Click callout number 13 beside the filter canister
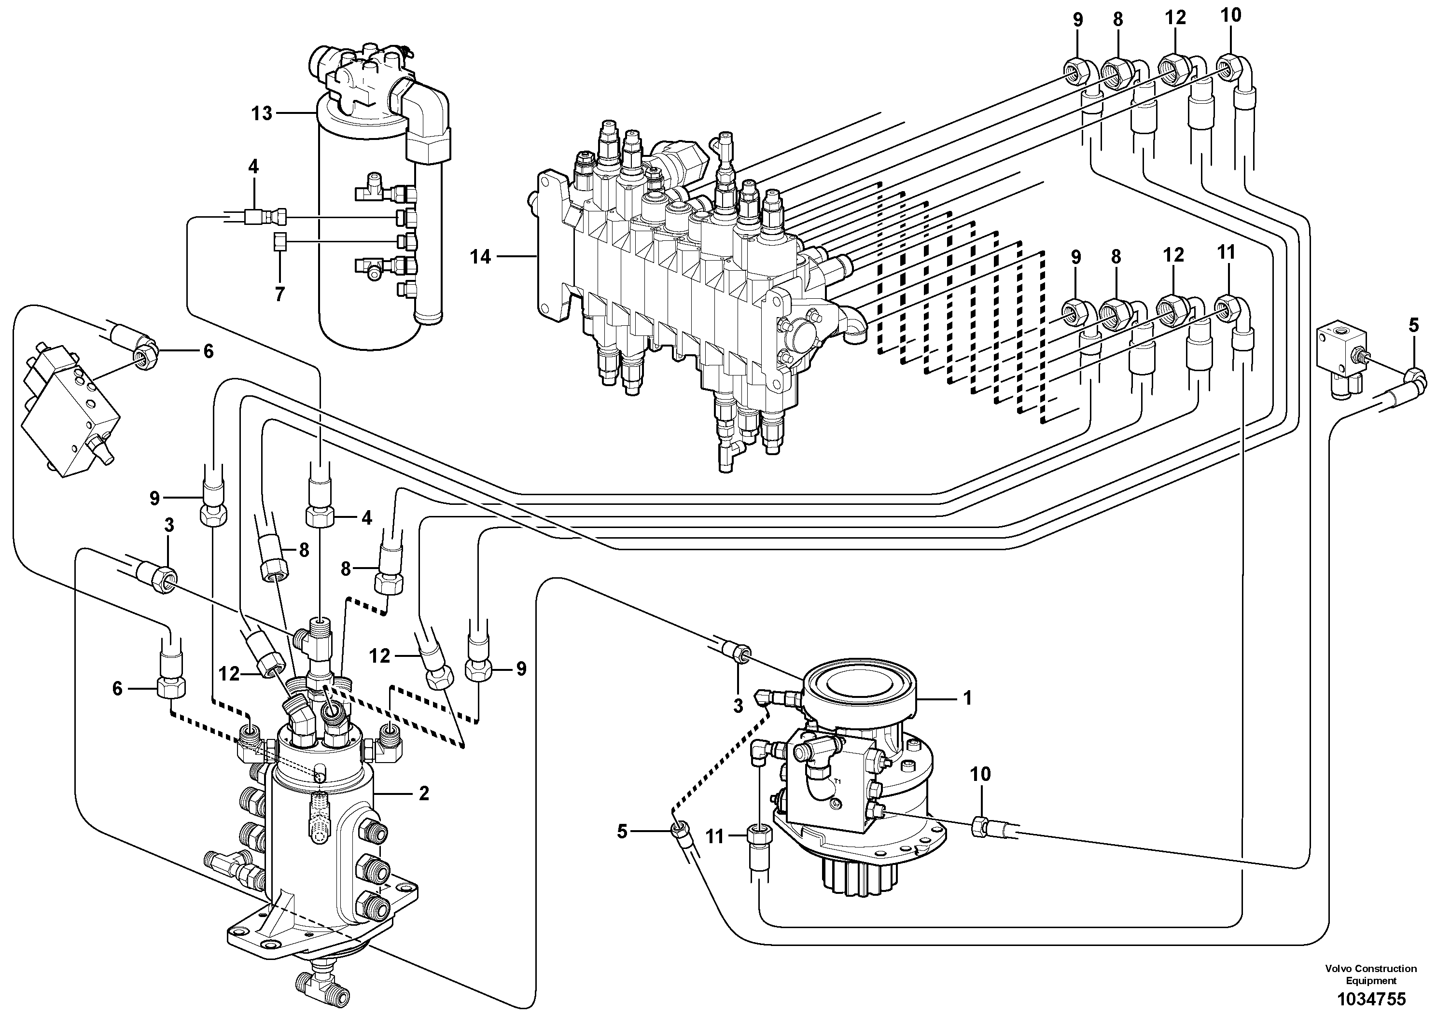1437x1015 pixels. point(262,113)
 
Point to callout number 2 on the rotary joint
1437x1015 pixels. point(424,793)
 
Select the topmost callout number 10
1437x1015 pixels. point(1230,15)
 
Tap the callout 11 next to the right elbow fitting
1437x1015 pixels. point(1226,253)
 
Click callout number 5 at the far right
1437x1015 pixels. point(1414,325)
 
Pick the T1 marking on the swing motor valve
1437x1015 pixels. point(837,782)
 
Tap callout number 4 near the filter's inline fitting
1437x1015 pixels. point(253,167)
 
